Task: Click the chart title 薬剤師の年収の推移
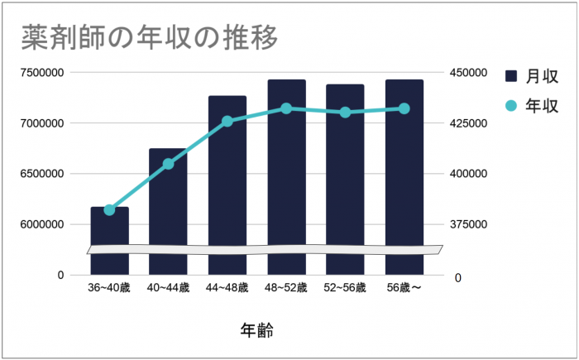(149, 36)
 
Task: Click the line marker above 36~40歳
(109, 210)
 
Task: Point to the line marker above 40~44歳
(168, 164)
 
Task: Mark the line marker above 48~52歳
(286, 108)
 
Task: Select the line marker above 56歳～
(404, 108)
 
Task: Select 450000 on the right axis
(470, 73)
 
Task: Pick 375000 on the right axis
(470, 224)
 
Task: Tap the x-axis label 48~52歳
(286, 288)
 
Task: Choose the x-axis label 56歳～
(405, 288)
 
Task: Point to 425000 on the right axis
(470, 123)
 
